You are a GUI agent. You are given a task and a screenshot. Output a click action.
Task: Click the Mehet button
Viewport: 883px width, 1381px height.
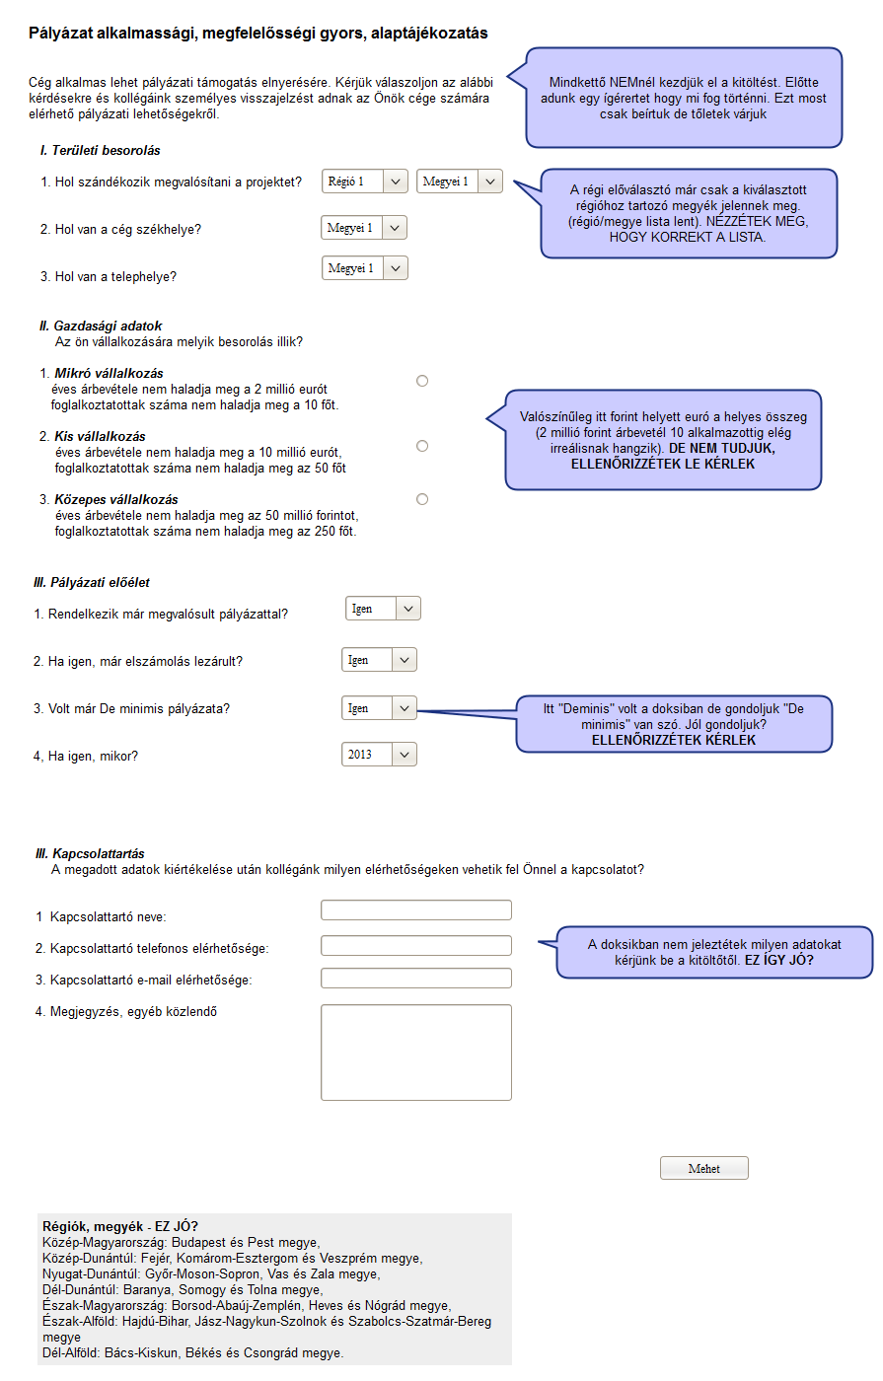point(703,1168)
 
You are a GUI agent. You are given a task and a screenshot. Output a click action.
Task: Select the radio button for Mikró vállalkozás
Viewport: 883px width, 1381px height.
point(422,381)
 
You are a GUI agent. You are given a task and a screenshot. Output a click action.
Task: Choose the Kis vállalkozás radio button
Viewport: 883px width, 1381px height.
point(422,446)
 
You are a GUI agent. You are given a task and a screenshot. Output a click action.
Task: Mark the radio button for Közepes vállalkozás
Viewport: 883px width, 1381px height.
point(422,499)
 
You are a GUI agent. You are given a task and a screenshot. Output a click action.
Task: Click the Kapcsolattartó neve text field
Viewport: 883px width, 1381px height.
point(415,909)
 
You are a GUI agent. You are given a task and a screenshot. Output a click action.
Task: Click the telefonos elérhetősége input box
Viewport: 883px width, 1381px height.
point(415,946)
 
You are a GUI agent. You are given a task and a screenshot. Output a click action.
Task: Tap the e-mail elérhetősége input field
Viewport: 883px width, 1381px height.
point(415,979)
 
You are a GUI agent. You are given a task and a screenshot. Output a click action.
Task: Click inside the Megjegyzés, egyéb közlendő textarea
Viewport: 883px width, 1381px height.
point(415,1052)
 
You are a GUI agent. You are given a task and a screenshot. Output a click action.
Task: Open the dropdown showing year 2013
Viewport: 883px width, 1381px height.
point(379,755)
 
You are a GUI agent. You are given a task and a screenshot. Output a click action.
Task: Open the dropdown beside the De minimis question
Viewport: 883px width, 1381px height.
point(379,708)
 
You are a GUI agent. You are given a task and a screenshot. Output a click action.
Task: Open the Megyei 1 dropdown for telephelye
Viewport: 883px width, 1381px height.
point(365,268)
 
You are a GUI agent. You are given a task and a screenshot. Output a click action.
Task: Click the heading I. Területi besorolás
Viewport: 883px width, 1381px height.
point(100,151)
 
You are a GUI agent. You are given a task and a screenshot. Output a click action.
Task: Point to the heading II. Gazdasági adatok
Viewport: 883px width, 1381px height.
point(101,326)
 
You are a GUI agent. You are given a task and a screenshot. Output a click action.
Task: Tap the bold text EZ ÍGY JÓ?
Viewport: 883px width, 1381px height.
point(778,960)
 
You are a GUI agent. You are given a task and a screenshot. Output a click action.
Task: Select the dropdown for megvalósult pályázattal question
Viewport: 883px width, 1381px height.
point(383,609)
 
